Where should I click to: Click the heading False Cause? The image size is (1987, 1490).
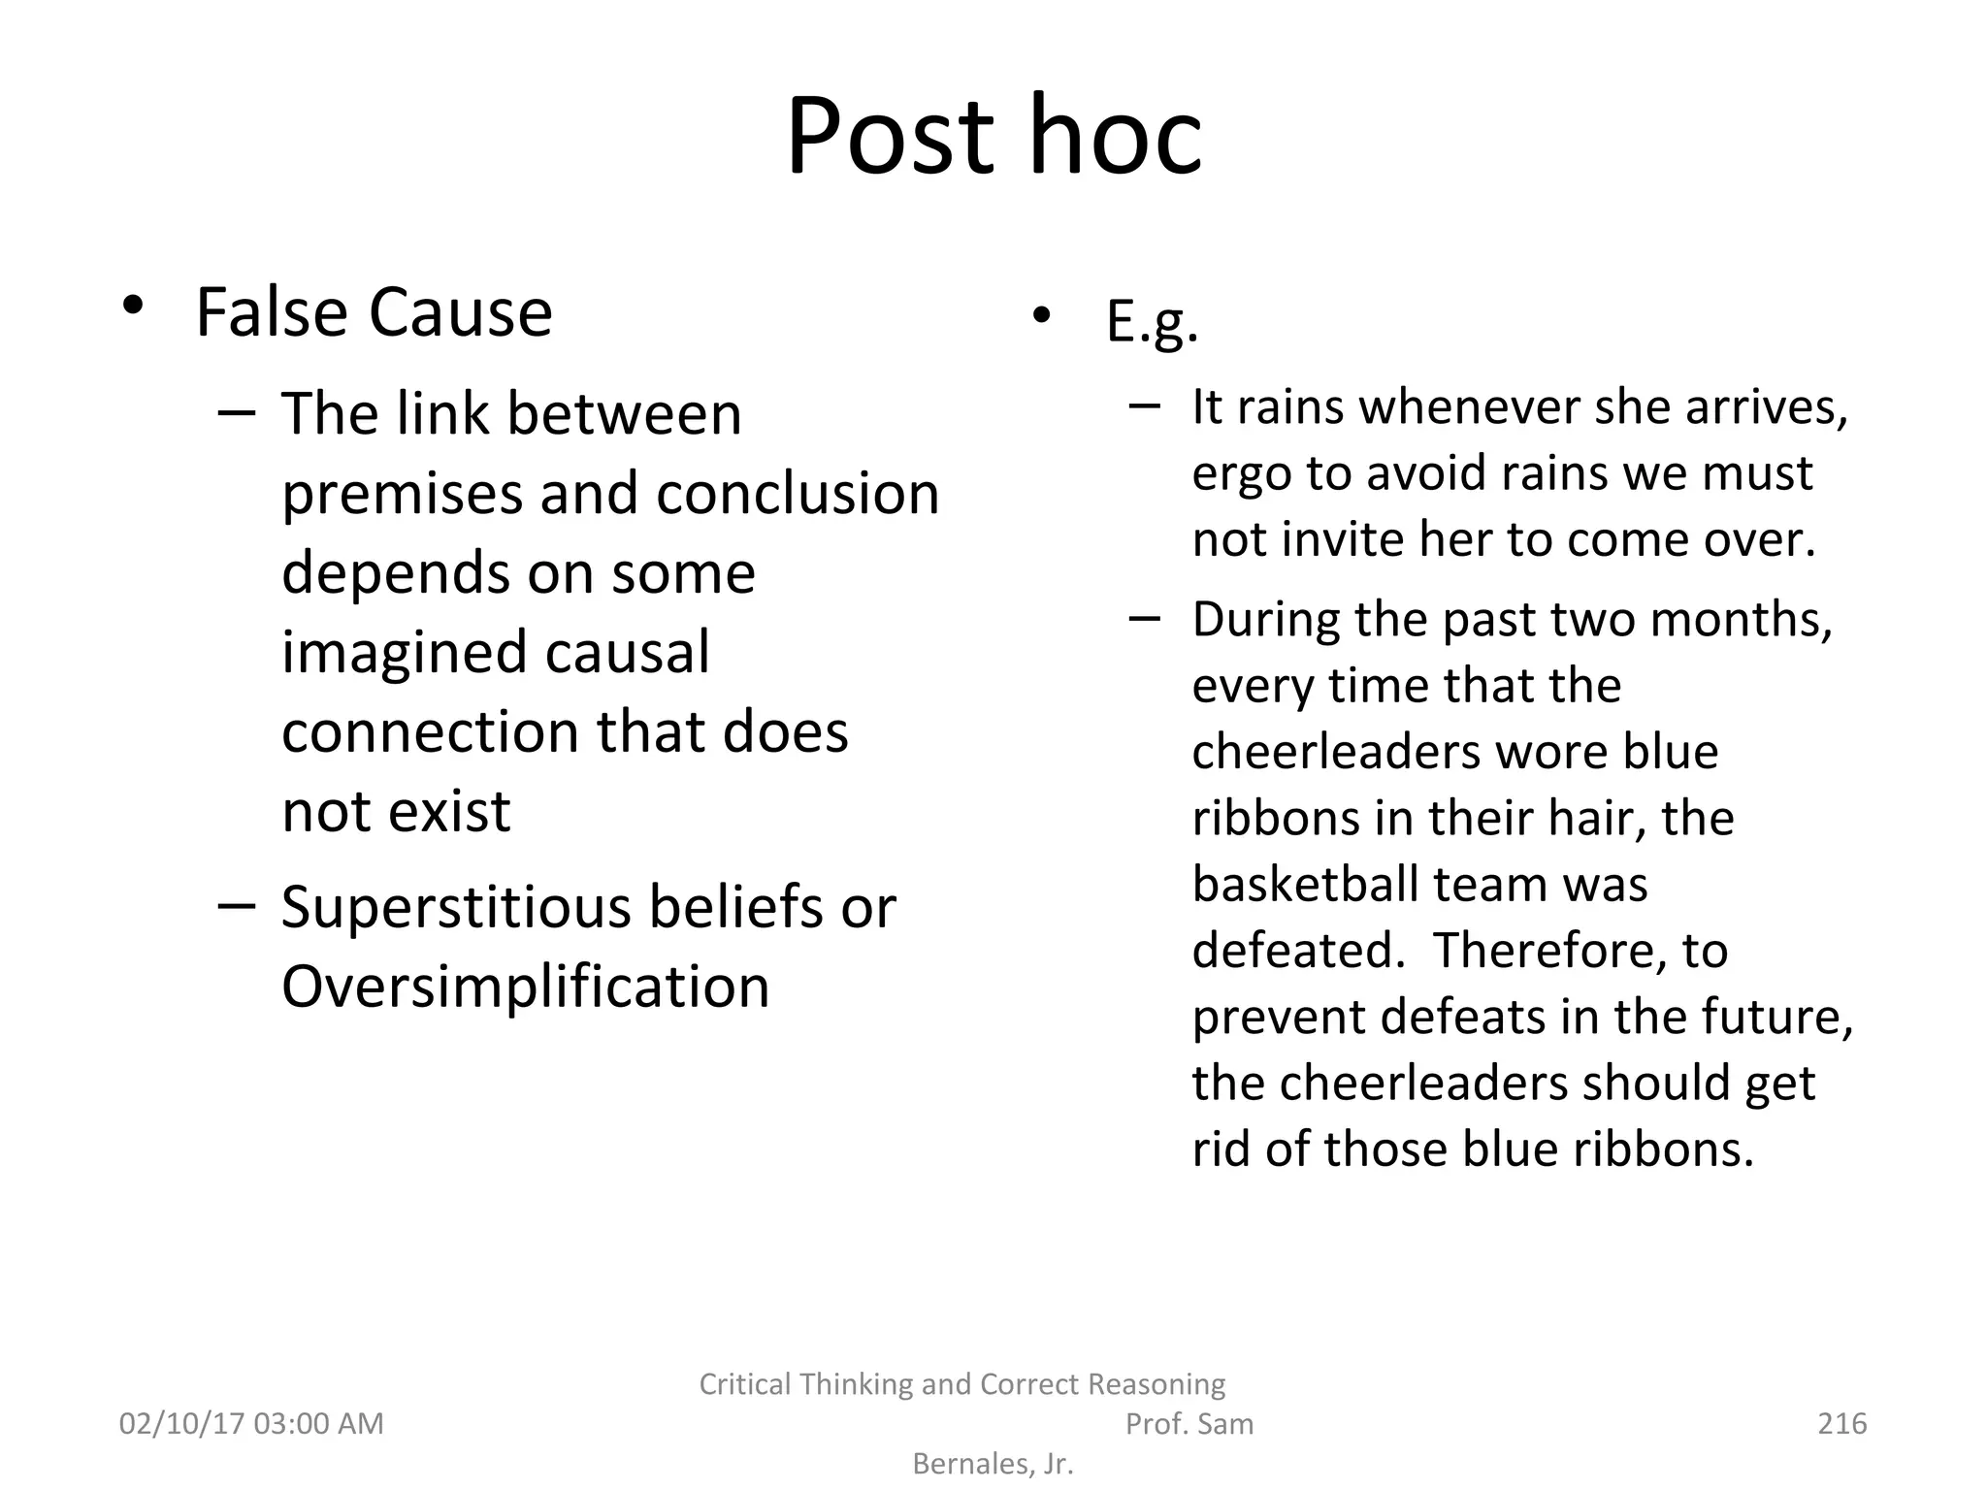(x=374, y=312)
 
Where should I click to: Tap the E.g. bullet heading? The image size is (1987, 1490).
(x=1152, y=322)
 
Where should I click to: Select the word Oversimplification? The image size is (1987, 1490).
(x=525, y=987)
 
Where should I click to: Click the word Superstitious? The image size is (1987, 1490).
(x=456, y=908)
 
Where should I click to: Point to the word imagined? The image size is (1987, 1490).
(x=405, y=652)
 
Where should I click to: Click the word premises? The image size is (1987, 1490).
(x=402, y=494)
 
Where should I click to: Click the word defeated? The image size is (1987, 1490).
(x=1297, y=951)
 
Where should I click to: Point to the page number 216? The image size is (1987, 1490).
(x=1840, y=1424)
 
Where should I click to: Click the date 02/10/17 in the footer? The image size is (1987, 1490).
(x=180, y=1424)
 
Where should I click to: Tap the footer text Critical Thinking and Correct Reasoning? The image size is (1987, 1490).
(x=961, y=1384)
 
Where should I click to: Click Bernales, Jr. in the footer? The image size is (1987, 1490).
(x=993, y=1464)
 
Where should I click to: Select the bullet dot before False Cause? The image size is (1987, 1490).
(x=133, y=307)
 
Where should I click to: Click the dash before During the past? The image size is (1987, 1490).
(x=1145, y=618)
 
